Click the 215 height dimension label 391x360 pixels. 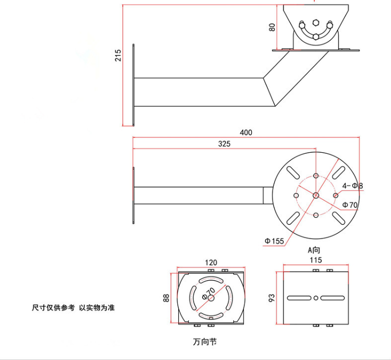click(x=119, y=55)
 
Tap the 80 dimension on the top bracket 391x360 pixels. click(x=272, y=26)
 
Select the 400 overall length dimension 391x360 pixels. click(x=245, y=132)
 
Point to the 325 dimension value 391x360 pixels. click(x=224, y=143)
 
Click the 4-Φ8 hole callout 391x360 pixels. click(x=352, y=186)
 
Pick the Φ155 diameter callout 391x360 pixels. click(x=275, y=241)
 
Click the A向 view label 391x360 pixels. click(x=315, y=249)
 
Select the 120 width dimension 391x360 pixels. click(x=211, y=263)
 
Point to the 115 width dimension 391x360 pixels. click(x=315, y=260)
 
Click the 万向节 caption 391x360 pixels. click(x=205, y=341)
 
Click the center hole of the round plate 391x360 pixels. click(x=315, y=195)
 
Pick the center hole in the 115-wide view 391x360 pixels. click(x=315, y=298)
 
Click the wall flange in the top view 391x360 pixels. click(x=133, y=195)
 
